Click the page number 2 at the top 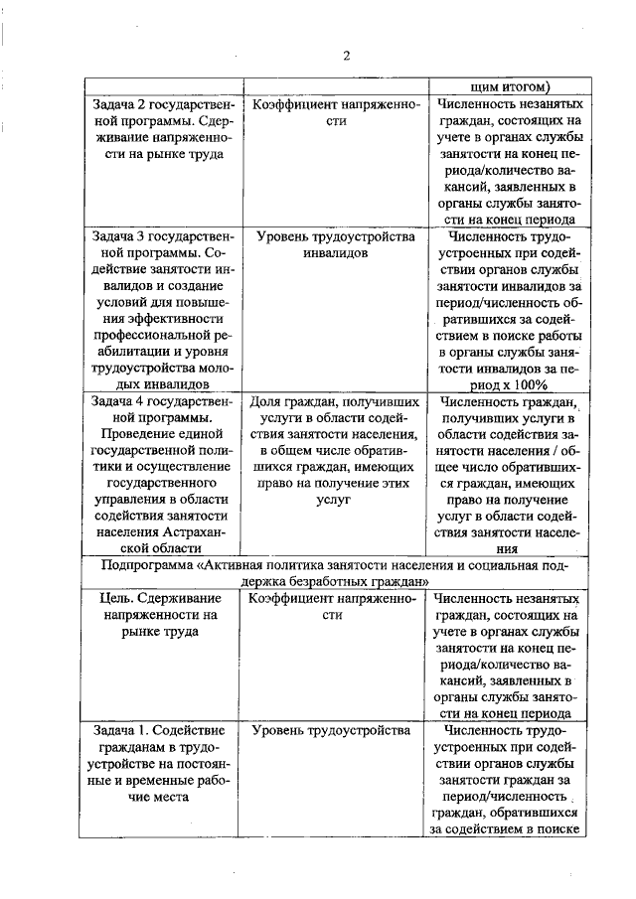pyautogui.click(x=347, y=55)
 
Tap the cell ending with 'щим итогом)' pyautogui.click(x=502, y=85)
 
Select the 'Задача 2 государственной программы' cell pyautogui.click(x=157, y=128)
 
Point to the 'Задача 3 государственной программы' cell pyautogui.click(x=157, y=308)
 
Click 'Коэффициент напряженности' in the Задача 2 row pyautogui.click(x=333, y=112)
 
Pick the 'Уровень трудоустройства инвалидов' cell pyautogui.click(x=333, y=245)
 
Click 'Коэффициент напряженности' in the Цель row pyautogui.click(x=333, y=607)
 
